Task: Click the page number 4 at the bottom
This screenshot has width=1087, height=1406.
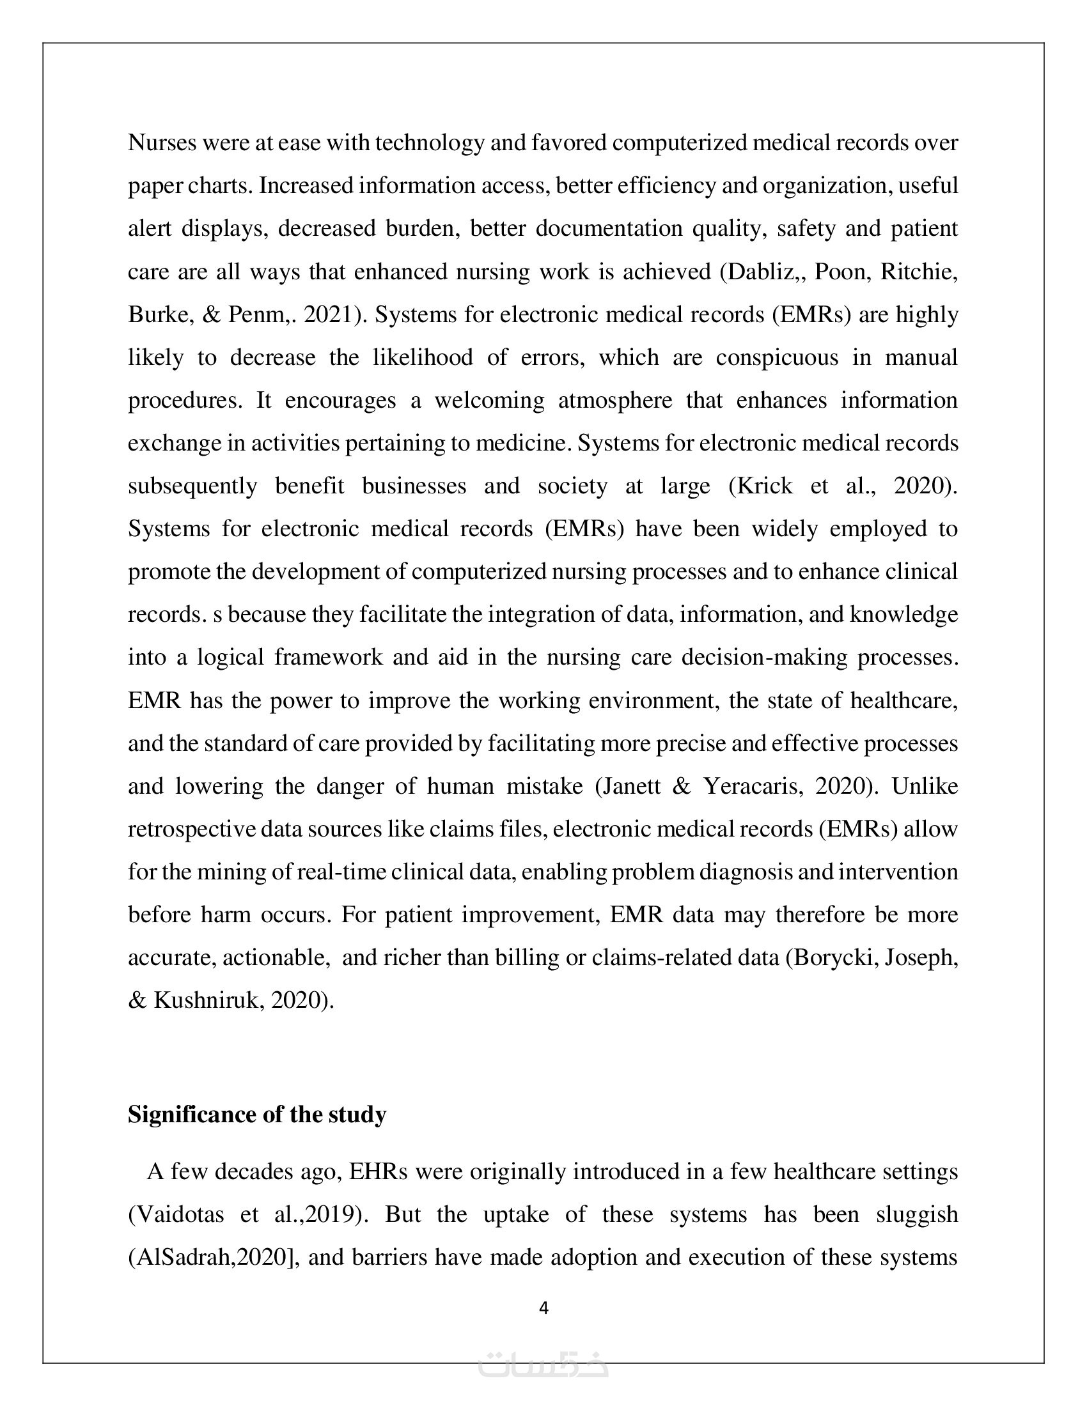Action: tap(543, 1308)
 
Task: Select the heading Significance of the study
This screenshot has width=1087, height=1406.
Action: tap(257, 1115)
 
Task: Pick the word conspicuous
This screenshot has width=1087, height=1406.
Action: tap(777, 357)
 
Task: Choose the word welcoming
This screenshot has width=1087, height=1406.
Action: tap(489, 401)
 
